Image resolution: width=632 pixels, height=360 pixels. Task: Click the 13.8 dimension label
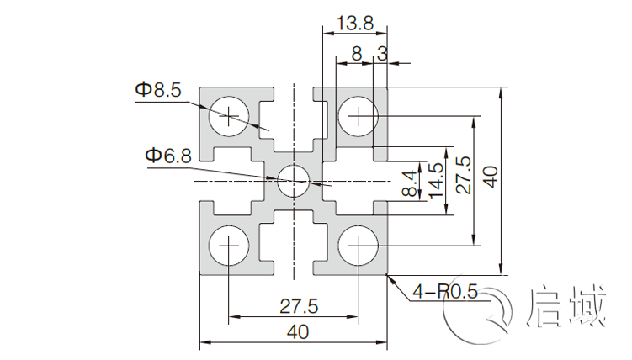click(x=353, y=24)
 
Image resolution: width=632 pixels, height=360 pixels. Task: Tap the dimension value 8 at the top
click(x=357, y=54)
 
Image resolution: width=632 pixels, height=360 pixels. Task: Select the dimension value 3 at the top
click(x=383, y=54)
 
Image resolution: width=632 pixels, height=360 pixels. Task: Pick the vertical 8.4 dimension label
click(x=410, y=183)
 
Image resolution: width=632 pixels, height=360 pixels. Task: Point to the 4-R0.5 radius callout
click(x=445, y=293)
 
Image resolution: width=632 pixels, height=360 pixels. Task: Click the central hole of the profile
click(x=294, y=180)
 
